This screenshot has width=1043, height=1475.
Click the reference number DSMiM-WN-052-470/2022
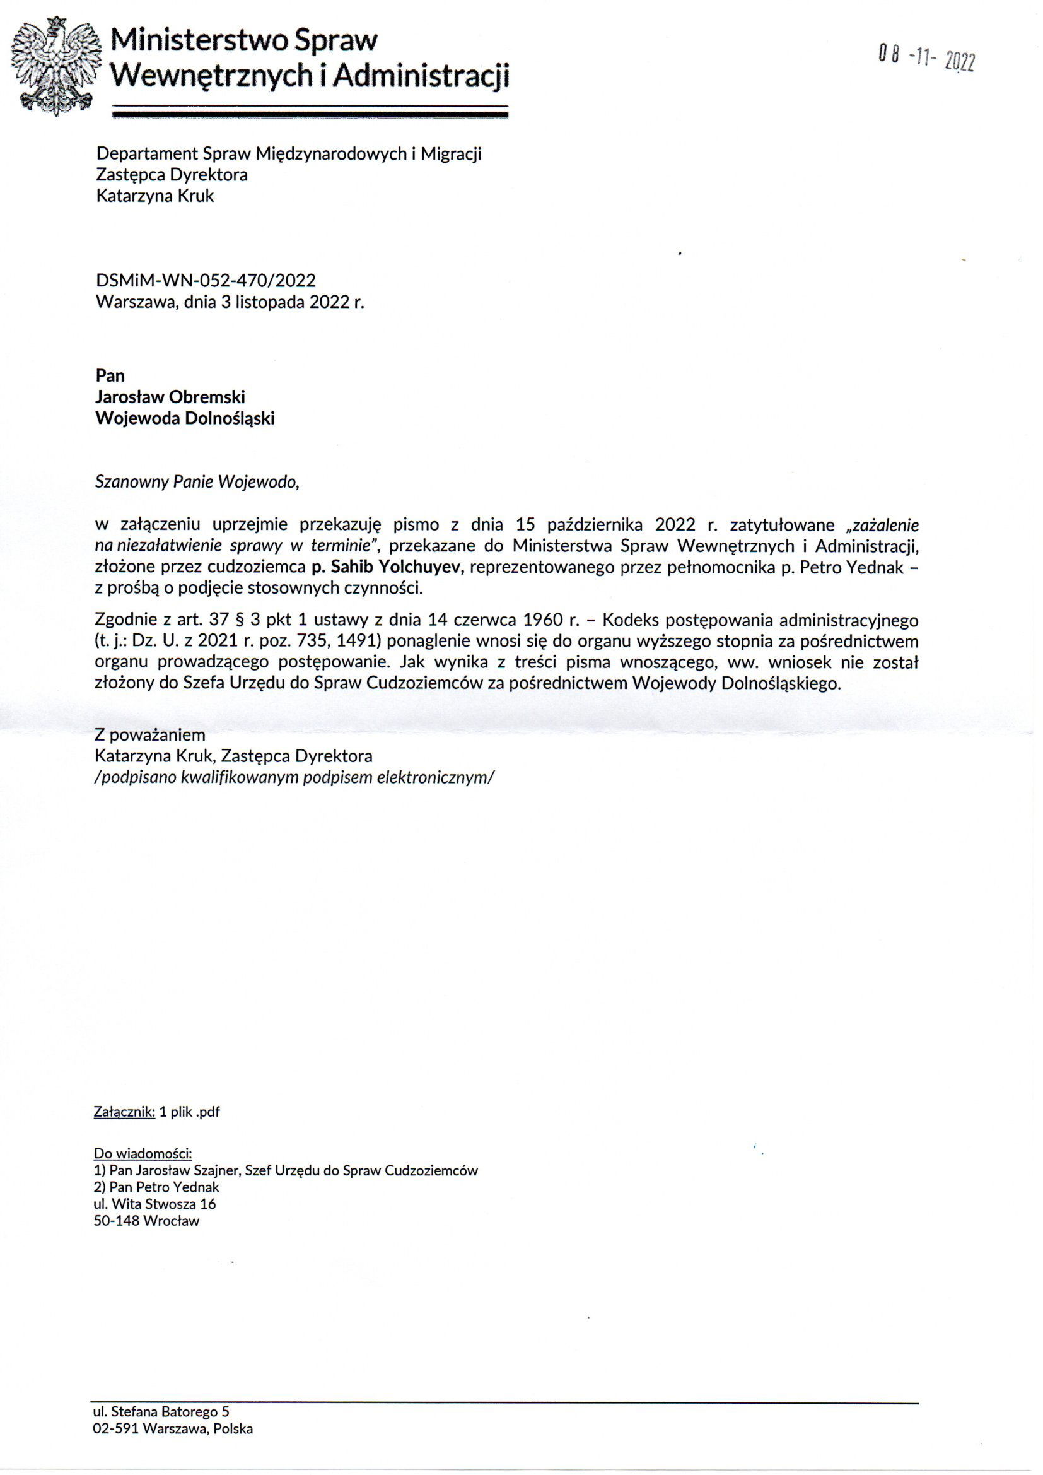[x=206, y=280]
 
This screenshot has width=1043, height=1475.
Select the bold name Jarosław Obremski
[x=170, y=397]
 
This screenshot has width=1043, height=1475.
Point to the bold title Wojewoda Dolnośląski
[x=185, y=419]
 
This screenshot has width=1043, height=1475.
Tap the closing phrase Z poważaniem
[x=149, y=734]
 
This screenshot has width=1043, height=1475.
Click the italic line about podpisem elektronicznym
[x=294, y=777]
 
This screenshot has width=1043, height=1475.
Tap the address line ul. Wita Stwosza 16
[x=154, y=1204]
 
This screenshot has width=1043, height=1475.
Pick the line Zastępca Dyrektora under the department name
[x=172, y=175]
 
